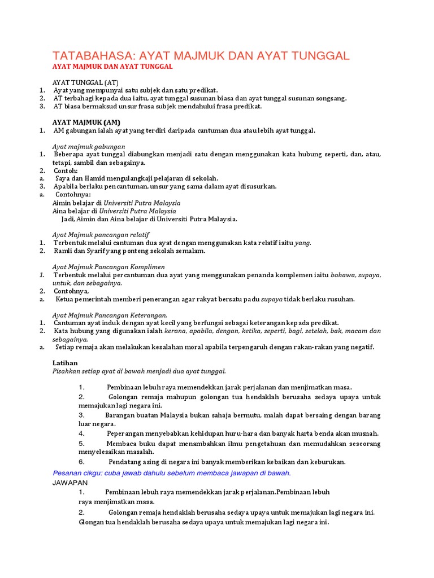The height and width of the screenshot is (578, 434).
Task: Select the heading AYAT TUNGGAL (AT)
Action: pos(85,82)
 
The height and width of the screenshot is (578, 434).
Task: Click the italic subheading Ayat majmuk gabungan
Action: pos(88,146)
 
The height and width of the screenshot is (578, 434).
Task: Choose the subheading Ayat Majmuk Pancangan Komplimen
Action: pos(108,266)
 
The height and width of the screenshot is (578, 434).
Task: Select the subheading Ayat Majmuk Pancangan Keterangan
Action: pos(110,315)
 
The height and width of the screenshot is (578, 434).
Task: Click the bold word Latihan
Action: pos(64,363)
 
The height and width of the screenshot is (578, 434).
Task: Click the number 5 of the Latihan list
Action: pos(81,444)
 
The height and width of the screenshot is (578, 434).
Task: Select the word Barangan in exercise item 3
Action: pos(122,415)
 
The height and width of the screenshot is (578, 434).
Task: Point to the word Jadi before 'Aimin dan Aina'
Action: pos(68,219)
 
